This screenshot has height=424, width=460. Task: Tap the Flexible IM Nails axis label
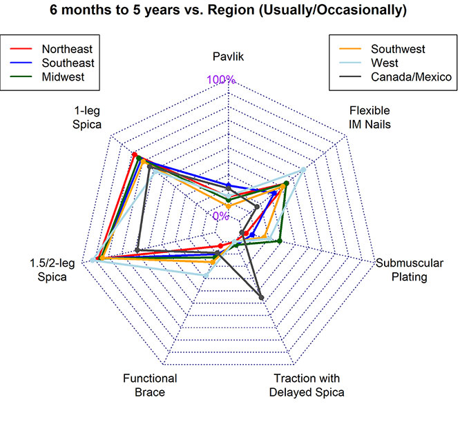pos(370,117)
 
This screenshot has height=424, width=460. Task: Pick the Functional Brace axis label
pos(150,385)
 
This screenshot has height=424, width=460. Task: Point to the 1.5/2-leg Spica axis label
pos(48,270)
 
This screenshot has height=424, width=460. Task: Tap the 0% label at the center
pos(220,216)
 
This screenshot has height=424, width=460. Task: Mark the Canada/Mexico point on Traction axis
pos(262,298)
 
